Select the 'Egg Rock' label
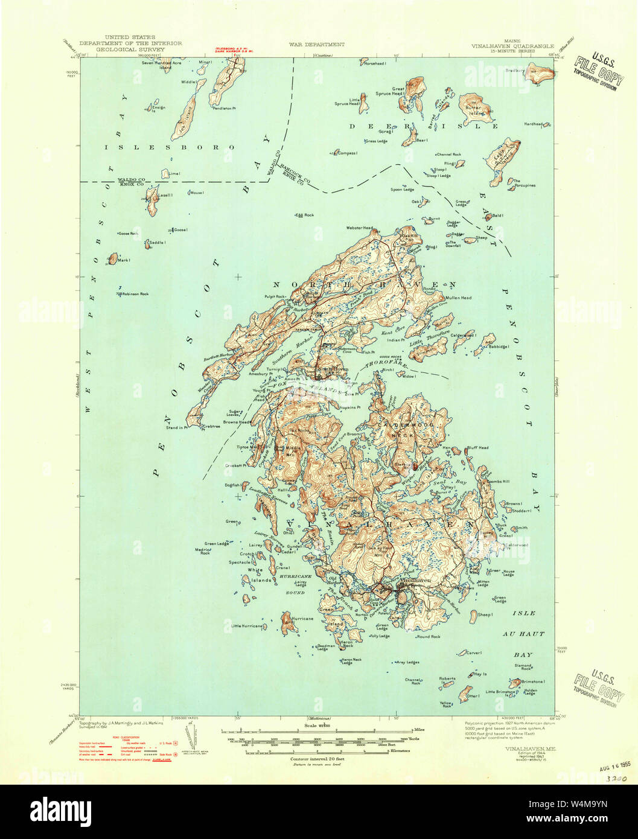point(305,215)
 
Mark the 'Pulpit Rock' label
point(273,296)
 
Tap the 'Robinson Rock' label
point(134,294)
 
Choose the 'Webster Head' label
point(359,228)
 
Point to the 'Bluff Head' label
point(477,448)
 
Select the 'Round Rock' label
point(428,636)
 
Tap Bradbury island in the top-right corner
point(541,74)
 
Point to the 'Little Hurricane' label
point(247,626)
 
